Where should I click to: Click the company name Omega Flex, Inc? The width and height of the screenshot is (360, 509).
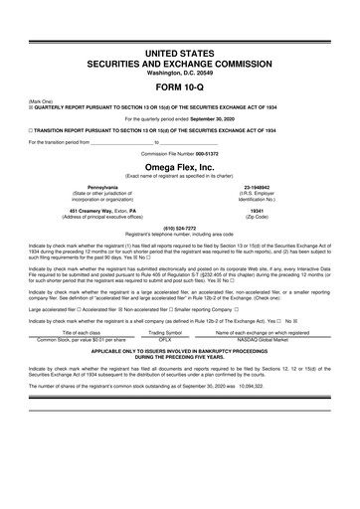180,167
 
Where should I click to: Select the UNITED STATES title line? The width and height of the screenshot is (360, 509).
180,51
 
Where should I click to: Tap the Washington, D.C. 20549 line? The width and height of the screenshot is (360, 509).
180,72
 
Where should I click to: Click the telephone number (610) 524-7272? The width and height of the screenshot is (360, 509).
180,225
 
